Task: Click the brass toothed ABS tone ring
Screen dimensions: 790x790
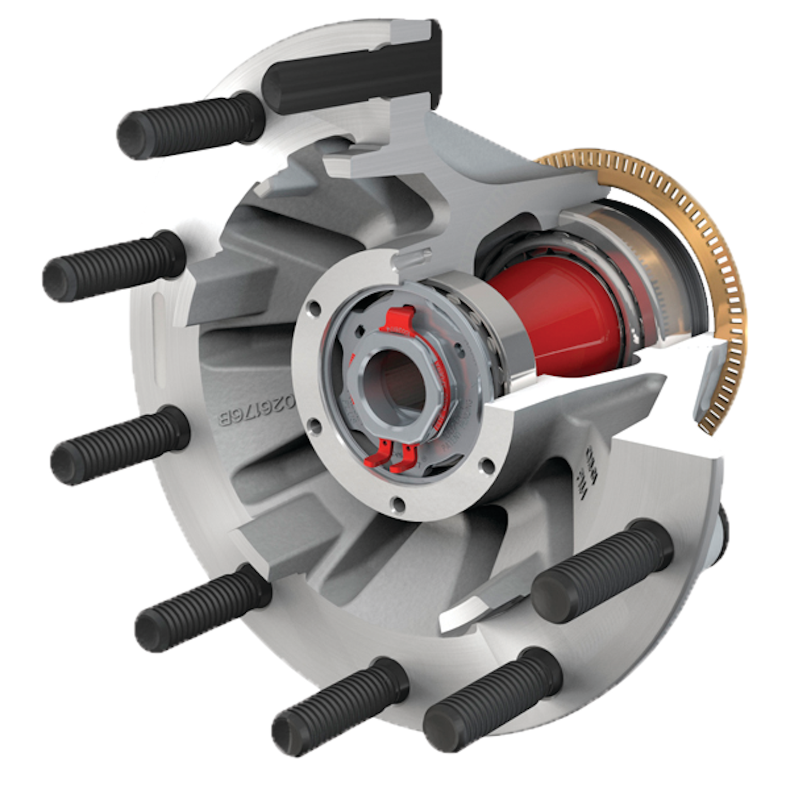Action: [x=708, y=230]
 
